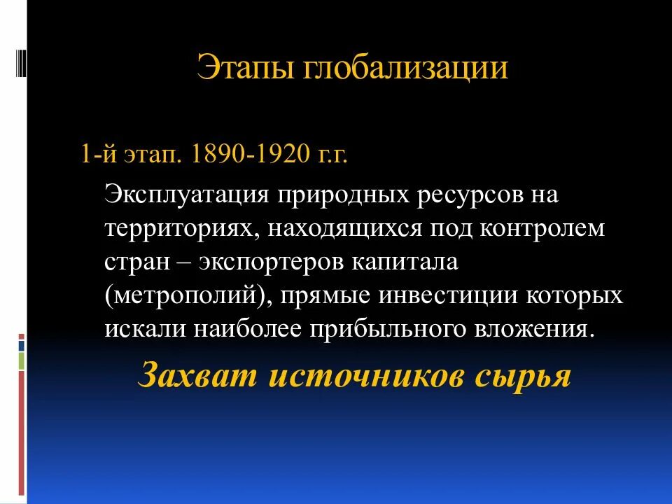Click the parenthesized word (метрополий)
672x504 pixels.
(188, 296)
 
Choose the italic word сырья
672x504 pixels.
(524, 376)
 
